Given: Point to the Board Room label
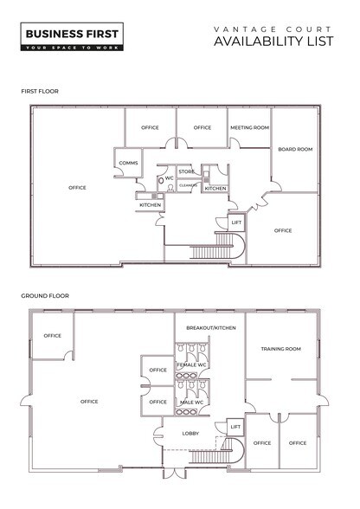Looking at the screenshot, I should click(294, 149).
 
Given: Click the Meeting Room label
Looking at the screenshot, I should click(248, 127).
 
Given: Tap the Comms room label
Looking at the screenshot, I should click(129, 162).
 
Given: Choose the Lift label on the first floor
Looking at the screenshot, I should click(235, 222).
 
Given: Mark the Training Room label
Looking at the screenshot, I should click(280, 349).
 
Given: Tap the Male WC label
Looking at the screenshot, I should click(192, 403).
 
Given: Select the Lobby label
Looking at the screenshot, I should click(191, 434).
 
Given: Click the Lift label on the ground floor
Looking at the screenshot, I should click(235, 426).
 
